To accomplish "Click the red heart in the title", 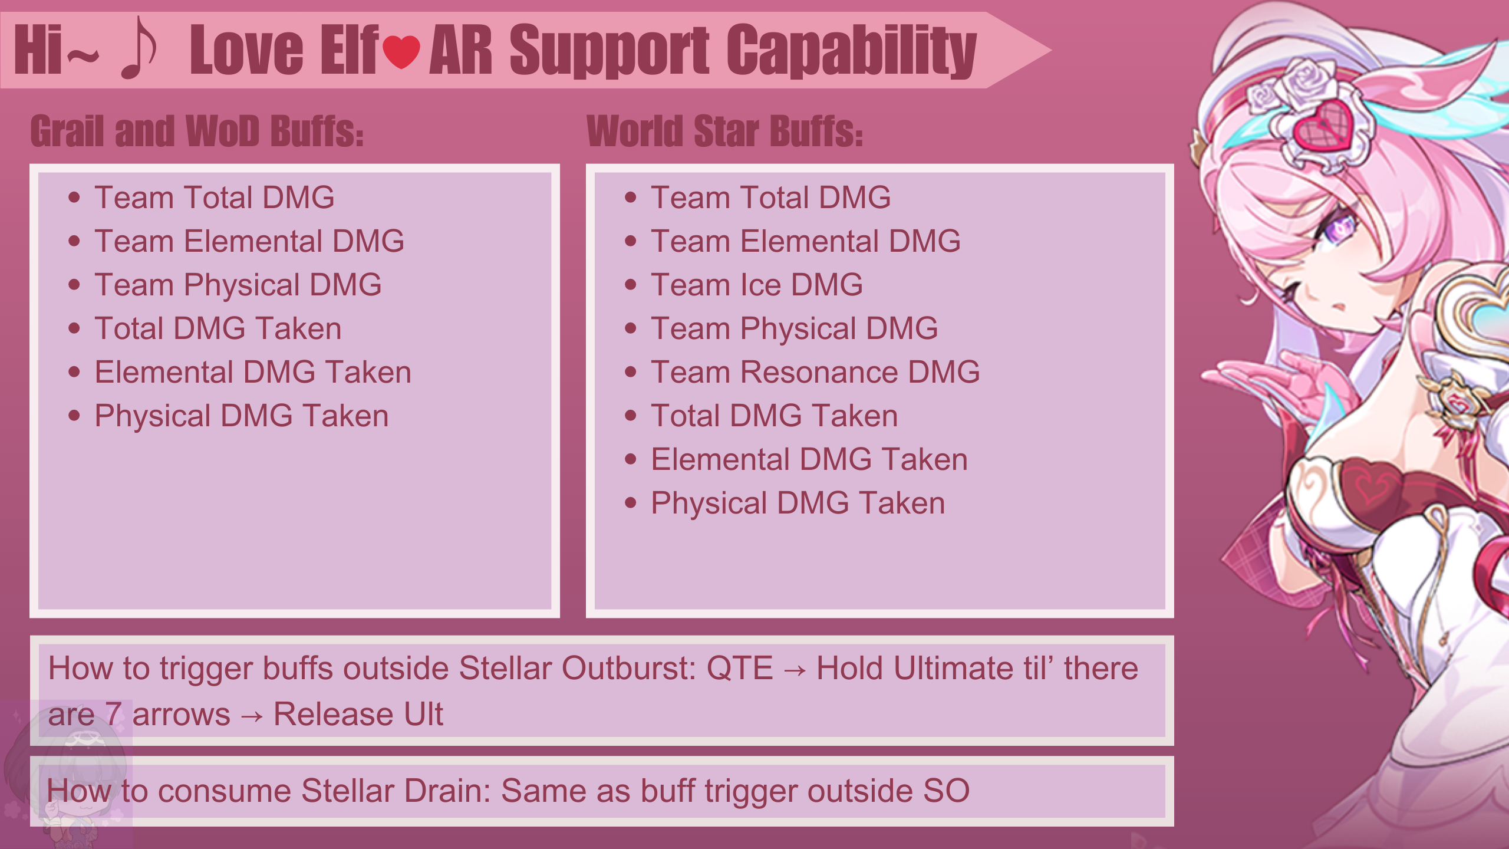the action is [401, 51].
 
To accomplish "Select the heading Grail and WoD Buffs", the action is [197, 130].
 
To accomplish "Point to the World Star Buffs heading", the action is [725, 130].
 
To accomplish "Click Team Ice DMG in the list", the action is [757, 285].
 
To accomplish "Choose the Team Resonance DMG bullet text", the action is [815, 372].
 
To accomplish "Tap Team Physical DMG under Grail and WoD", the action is [238, 285].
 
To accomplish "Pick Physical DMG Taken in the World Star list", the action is [798, 504].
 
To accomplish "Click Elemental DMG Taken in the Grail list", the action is [253, 372].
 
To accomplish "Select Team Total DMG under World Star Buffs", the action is [771, 198].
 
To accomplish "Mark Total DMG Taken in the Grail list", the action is [218, 328].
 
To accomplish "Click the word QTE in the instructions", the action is [740, 669].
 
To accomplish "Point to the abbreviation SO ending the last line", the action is [947, 791].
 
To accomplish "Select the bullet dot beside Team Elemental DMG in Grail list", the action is [74, 241].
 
